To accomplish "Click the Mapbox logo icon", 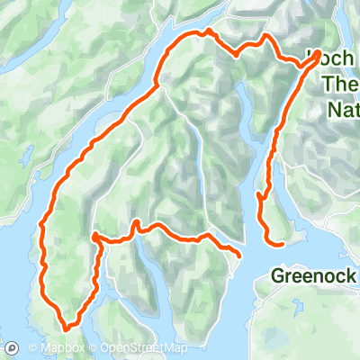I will pyautogui.click(x=13, y=348).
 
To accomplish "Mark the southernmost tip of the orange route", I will pyautogui.click(x=66, y=326).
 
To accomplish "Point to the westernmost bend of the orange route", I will pyautogui.click(x=40, y=225).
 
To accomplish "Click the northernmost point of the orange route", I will pyautogui.click(x=208, y=31).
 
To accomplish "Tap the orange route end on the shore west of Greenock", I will pyautogui.click(x=239, y=254).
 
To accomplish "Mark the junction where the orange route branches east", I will pyautogui.click(x=94, y=237).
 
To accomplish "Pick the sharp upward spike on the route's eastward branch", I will pyautogui.click(x=134, y=221).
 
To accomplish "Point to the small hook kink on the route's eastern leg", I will pyautogui.click(x=260, y=194).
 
